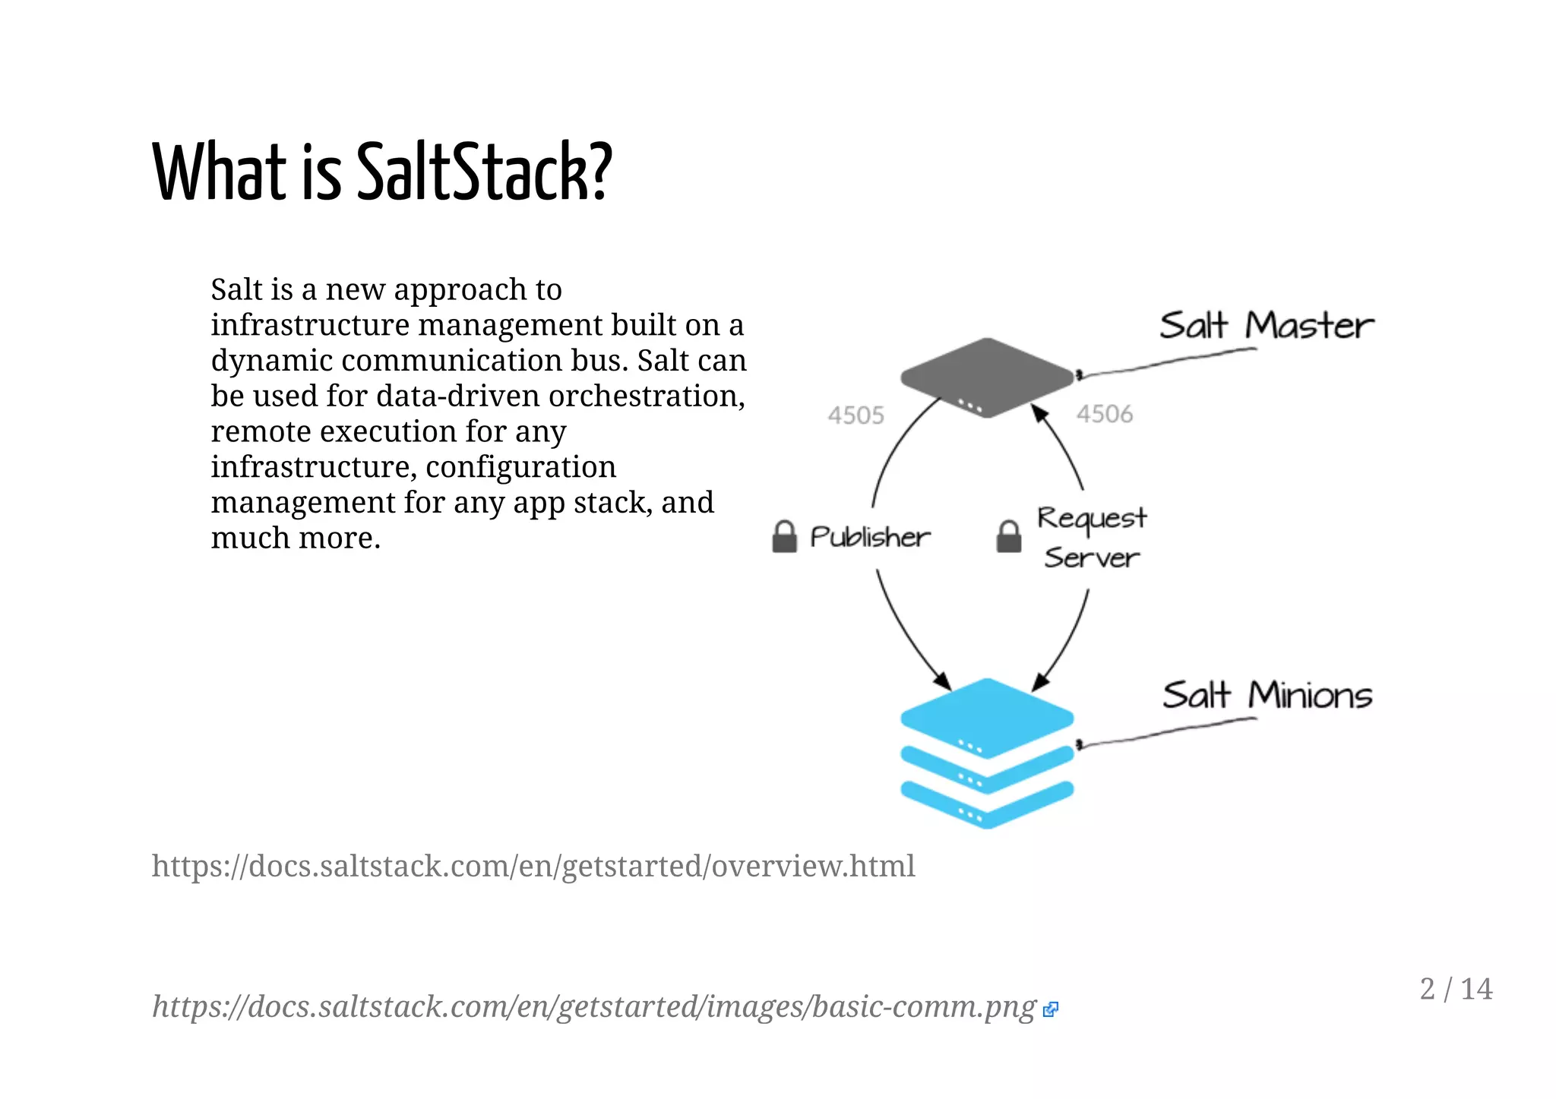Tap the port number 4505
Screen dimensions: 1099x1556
pos(855,415)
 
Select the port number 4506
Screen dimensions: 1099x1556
pos(1104,414)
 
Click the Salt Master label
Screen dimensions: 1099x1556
pos(1267,325)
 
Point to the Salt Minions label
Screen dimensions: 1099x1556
pos(1267,695)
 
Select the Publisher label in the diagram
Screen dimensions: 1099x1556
pos(870,537)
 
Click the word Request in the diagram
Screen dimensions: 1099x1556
pos(1092,519)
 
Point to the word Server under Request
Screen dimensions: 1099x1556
pos(1092,558)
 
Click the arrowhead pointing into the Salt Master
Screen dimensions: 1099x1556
pos(1039,414)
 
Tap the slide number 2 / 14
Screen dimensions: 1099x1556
pos(1456,989)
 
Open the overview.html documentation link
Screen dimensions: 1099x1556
pos(533,866)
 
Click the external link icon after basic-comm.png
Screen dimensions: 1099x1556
pos(1051,1009)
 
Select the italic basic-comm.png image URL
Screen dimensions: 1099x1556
pos(594,1006)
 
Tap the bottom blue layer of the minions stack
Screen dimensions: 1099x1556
pos(987,805)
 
